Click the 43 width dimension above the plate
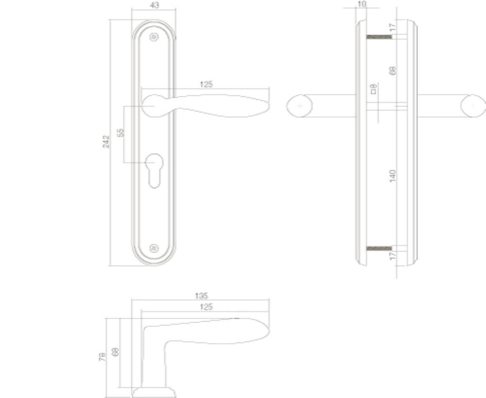[x=154, y=5]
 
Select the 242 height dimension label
[x=106, y=142]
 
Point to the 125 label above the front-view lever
[x=206, y=84]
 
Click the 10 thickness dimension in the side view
[x=361, y=4]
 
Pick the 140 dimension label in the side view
[x=393, y=175]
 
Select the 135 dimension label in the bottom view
[x=201, y=295]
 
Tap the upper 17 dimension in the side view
[x=393, y=28]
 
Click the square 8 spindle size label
[x=373, y=89]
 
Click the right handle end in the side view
[x=473, y=106]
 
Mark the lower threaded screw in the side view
[x=379, y=249]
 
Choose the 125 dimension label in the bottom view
[x=206, y=307]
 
